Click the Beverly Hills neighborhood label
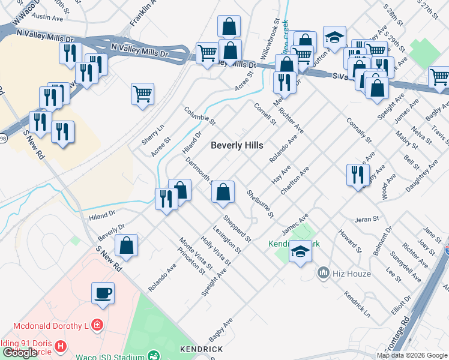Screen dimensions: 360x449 (237, 145)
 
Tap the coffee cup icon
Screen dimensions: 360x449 (103, 293)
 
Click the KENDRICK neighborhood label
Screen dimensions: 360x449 (202, 349)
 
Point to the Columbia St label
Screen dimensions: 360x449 (199, 116)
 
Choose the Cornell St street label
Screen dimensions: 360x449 (265, 114)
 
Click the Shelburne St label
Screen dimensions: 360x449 (260, 203)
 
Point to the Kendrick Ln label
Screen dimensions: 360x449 (357, 304)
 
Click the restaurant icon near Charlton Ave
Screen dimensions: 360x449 (358, 175)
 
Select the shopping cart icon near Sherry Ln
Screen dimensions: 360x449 (143, 94)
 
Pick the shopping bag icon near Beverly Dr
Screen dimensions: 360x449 (126, 245)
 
